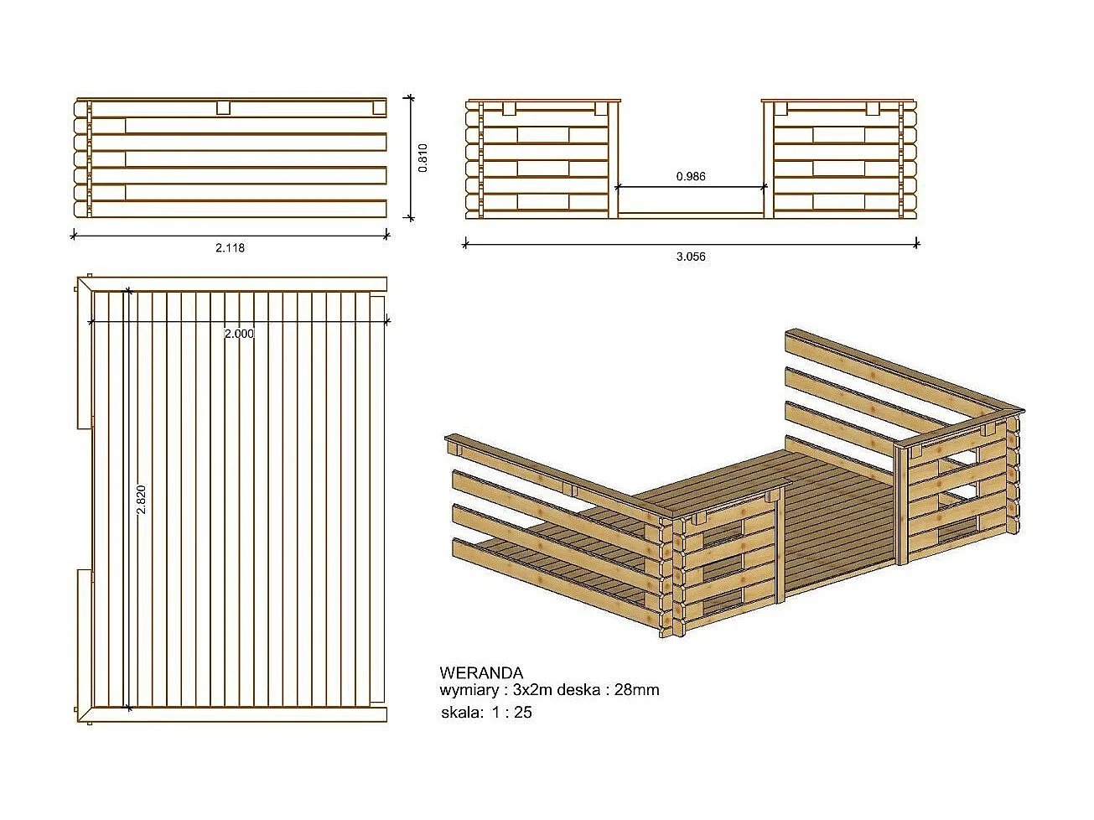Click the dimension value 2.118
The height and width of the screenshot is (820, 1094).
pyautogui.click(x=230, y=248)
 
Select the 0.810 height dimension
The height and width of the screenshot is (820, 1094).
pyautogui.click(x=423, y=158)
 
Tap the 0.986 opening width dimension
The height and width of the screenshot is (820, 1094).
pyautogui.click(x=691, y=177)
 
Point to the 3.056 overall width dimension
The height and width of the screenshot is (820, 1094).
pyautogui.click(x=691, y=257)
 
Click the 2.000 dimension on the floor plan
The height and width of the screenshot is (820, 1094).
pyautogui.click(x=239, y=334)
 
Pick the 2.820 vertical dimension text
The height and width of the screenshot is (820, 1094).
pyautogui.click(x=142, y=500)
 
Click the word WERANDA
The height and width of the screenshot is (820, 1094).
pyautogui.click(x=481, y=673)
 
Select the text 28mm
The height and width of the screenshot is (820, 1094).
pyautogui.click(x=637, y=691)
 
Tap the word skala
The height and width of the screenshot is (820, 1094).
pyautogui.click(x=460, y=713)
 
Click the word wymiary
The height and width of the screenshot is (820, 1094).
pyautogui.click(x=469, y=691)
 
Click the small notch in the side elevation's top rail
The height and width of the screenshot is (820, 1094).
pyautogui.click(x=223, y=107)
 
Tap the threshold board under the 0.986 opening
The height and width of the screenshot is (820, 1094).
pyautogui.click(x=691, y=215)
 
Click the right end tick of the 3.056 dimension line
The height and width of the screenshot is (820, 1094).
pyautogui.click(x=916, y=244)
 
